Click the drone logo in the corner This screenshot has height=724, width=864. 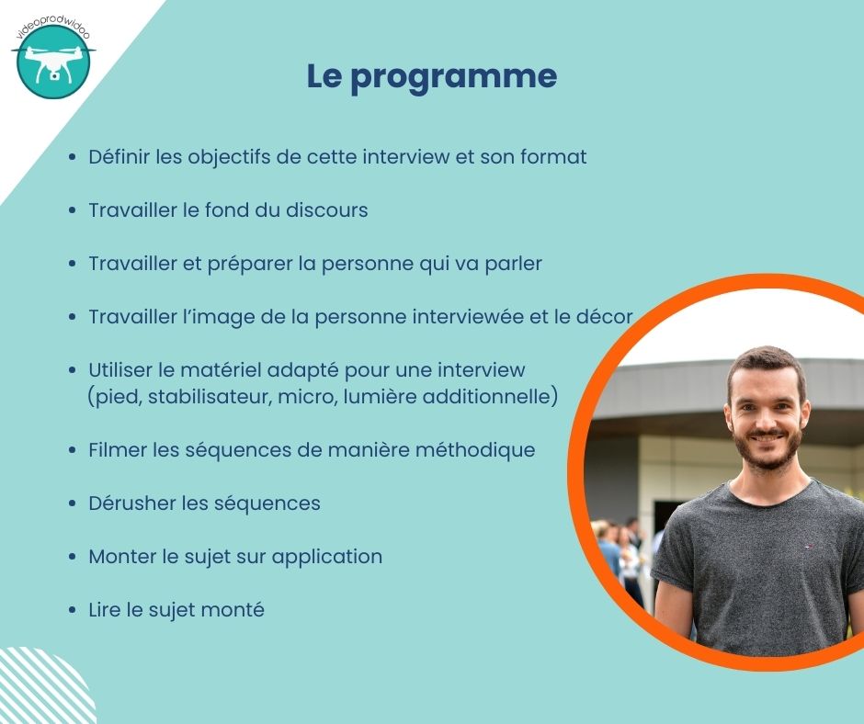(x=53, y=60)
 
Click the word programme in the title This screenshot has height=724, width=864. (x=453, y=78)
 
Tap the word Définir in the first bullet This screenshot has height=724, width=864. (x=119, y=156)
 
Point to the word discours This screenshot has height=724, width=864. (x=326, y=209)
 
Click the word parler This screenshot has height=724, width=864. (x=513, y=264)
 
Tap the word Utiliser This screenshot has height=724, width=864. (x=120, y=369)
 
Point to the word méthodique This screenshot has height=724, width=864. (x=475, y=450)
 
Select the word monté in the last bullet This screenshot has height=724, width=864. (x=233, y=610)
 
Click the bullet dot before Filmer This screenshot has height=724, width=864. (x=73, y=450)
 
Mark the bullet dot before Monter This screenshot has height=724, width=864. (x=73, y=557)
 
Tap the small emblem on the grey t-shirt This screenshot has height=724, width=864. (x=810, y=547)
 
